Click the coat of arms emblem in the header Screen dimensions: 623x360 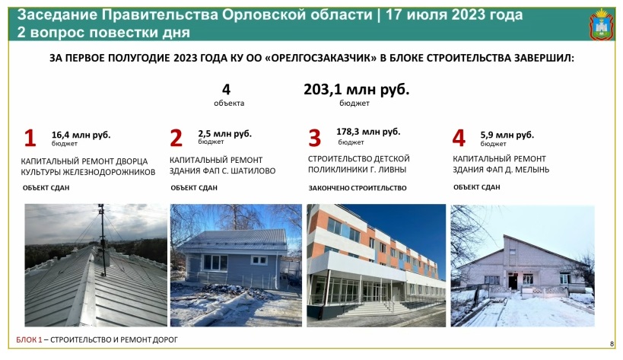602,24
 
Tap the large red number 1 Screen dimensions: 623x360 30,139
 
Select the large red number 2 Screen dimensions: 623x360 176,138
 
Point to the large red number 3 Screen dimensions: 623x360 314,138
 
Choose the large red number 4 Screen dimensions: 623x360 459,138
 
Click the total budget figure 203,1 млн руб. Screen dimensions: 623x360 357,90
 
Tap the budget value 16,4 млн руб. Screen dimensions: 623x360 81,135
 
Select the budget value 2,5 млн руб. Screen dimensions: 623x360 225,133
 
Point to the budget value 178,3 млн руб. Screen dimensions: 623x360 368,132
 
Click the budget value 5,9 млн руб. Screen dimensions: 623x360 507,135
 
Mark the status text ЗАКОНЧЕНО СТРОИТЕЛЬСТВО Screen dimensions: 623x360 358,188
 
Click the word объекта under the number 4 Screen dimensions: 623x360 229,103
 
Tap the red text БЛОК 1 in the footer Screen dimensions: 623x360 29,339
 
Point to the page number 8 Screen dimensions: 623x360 612,344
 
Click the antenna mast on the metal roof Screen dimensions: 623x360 103,240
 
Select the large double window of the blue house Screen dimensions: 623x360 215,263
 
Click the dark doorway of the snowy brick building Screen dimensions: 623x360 513,281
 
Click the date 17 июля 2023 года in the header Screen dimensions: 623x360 453,15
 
